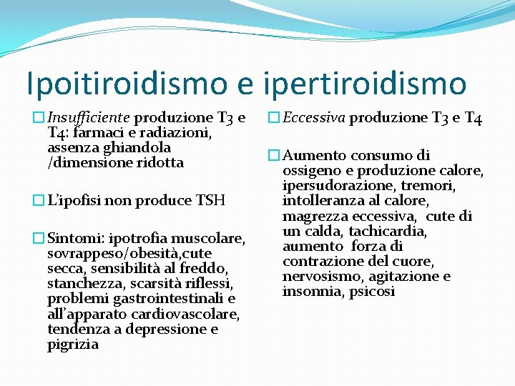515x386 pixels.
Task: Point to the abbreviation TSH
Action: tap(210, 201)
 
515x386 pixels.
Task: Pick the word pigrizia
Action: tap(74, 345)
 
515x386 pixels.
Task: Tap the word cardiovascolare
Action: tap(195, 315)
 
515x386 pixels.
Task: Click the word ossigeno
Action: tap(312, 171)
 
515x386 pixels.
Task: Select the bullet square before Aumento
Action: tap(273, 156)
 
